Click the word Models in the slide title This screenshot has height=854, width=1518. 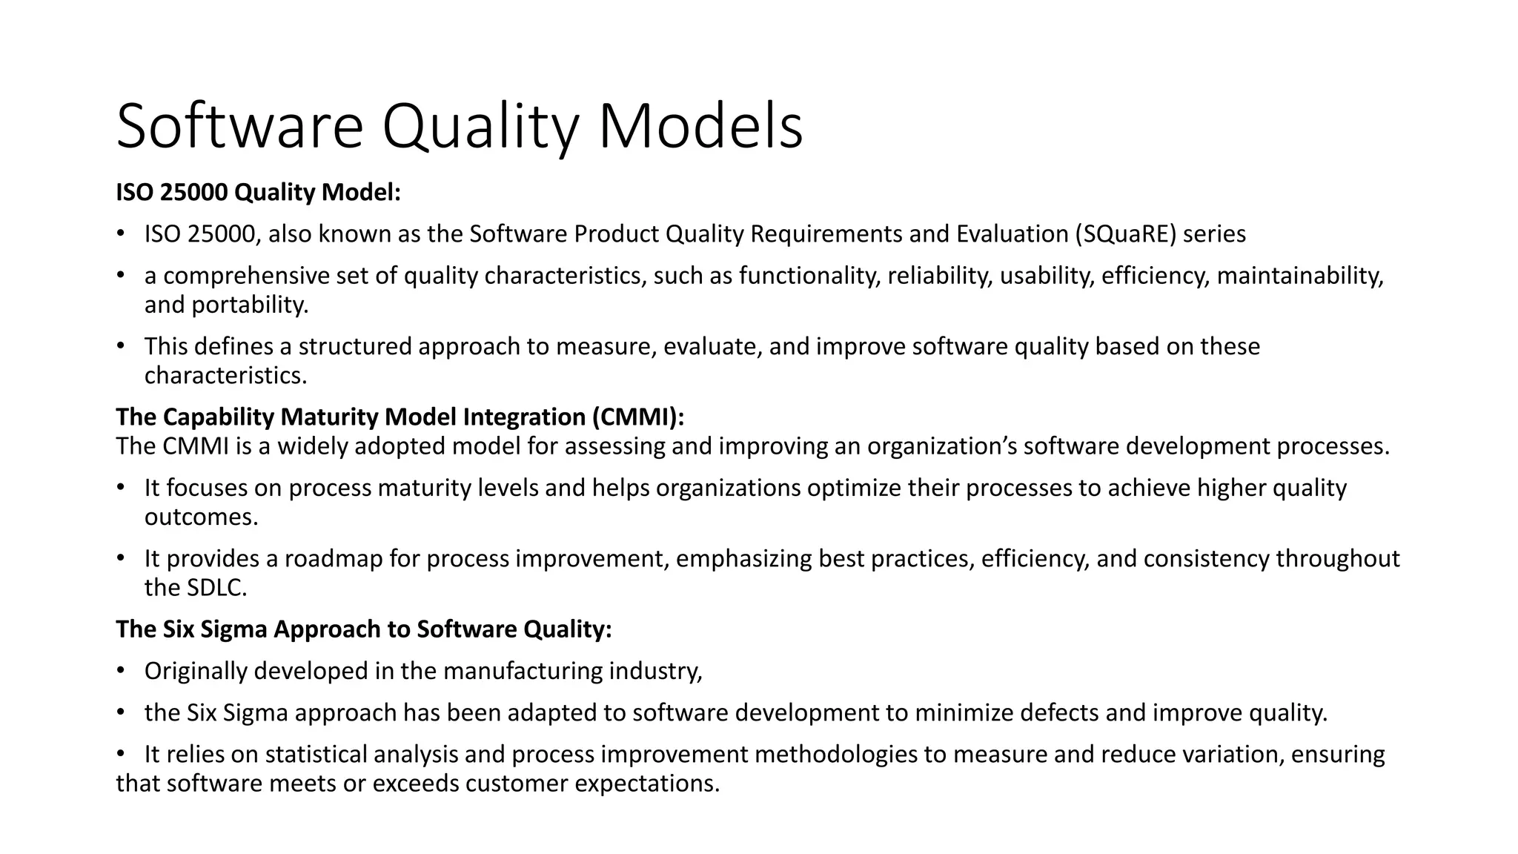point(700,126)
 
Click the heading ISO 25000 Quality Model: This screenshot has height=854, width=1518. point(258,193)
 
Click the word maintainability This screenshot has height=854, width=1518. point(1299,276)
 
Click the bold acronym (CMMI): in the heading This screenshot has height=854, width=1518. point(638,417)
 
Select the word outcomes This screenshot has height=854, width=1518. point(201,517)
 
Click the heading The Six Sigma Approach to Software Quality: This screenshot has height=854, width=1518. point(364,629)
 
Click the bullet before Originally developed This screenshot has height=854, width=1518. point(121,671)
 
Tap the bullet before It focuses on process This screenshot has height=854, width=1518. point(121,488)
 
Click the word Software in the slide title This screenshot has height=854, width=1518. point(239,126)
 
